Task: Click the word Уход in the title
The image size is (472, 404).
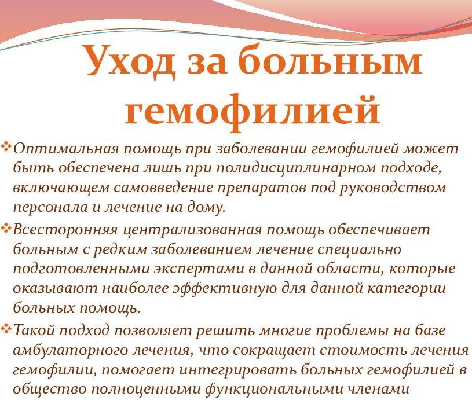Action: pos(130,62)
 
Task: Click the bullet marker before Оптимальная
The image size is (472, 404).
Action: pos(6,147)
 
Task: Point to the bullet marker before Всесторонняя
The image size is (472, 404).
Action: pos(6,229)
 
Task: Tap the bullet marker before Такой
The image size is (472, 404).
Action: pos(6,329)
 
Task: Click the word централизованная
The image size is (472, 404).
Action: pos(192,231)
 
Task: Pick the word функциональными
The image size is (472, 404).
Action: pos(274,390)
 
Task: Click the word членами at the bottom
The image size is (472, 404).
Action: pos(378,390)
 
